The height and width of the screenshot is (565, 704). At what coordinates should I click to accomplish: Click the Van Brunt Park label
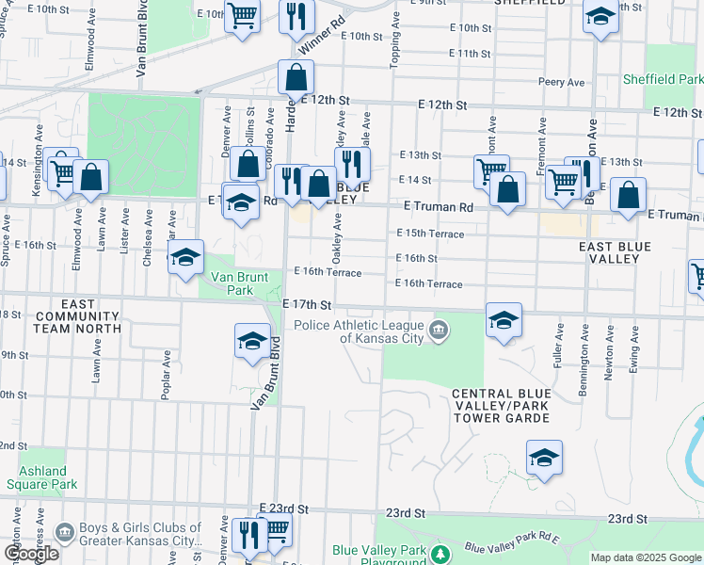[238, 283]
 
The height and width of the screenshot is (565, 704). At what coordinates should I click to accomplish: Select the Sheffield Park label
[662, 80]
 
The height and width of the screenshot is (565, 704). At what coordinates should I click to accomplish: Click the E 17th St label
[307, 305]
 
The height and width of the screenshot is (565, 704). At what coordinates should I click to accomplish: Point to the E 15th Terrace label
[430, 233]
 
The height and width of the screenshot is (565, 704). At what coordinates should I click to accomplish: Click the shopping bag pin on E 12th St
[296, 79]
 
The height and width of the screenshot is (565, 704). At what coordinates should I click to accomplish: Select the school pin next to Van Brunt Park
[185, 257]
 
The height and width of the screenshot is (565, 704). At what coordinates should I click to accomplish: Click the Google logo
[30, 554]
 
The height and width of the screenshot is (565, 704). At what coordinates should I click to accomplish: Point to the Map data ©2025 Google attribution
[645, 557]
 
